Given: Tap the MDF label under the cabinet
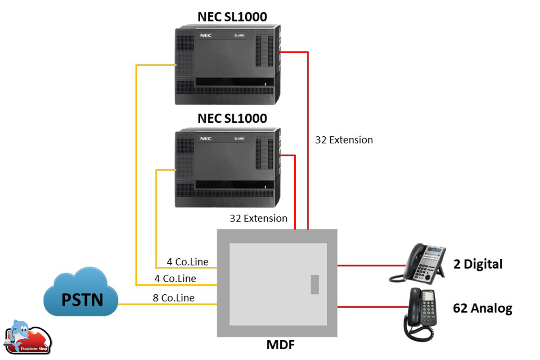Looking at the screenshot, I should point(277,346).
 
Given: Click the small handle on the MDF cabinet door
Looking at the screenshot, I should point(315,284).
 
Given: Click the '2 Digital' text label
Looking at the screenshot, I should point(477,264).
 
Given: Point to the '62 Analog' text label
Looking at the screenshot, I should point(482,308).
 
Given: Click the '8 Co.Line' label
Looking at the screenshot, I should point(174,297).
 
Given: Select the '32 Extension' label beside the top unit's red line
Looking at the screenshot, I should point(344,140).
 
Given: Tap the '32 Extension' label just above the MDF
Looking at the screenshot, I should point(258,218).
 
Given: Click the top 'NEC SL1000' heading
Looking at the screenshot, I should point(232,17).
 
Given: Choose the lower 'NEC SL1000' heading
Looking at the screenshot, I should point(232,118).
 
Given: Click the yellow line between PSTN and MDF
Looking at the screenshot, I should point(166,305).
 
